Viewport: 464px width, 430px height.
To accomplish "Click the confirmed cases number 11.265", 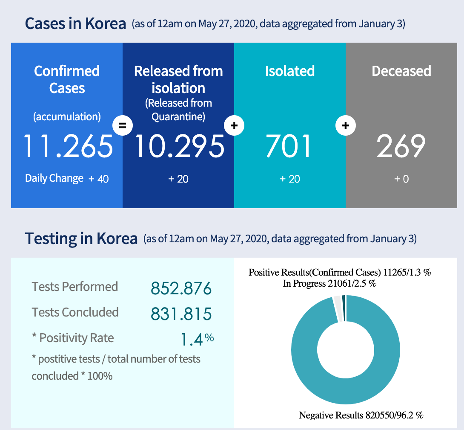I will (x=68, y=146).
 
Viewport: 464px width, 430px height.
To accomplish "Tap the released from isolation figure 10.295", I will (x=179, y=146).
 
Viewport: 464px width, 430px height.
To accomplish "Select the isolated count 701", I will (x=289, y=146).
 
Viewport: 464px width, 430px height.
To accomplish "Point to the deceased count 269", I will (x=401, y=146).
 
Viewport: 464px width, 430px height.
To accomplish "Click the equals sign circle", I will (x=123, y=125).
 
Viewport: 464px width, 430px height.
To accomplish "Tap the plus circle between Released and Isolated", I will (x=234, y=125).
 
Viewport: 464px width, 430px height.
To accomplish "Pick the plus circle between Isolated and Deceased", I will (x=346, y=125).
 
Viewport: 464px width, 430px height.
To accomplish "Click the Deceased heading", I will (x=401, y=71).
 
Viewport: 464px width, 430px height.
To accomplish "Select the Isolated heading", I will (x=289, y=71).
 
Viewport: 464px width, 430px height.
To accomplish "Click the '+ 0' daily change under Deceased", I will (x=401, y=179).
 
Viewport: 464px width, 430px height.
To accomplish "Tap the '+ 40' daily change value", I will (x=99, y=179).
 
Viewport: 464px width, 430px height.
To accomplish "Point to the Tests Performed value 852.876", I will (x=181, y=289).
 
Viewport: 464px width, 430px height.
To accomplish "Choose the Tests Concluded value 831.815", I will (x=181, y=314).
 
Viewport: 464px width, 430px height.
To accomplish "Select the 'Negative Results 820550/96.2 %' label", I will (x=361, y=415).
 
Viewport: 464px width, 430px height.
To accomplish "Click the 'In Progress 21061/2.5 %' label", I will (x=329, y=283).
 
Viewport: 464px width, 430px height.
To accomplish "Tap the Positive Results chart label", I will (x=340, y=272).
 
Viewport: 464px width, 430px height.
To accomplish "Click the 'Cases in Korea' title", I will (x=75, y=23).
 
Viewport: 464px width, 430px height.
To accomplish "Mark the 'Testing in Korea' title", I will (x=81, y=238).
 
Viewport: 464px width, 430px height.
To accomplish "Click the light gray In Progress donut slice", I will (x=338, y=308).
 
